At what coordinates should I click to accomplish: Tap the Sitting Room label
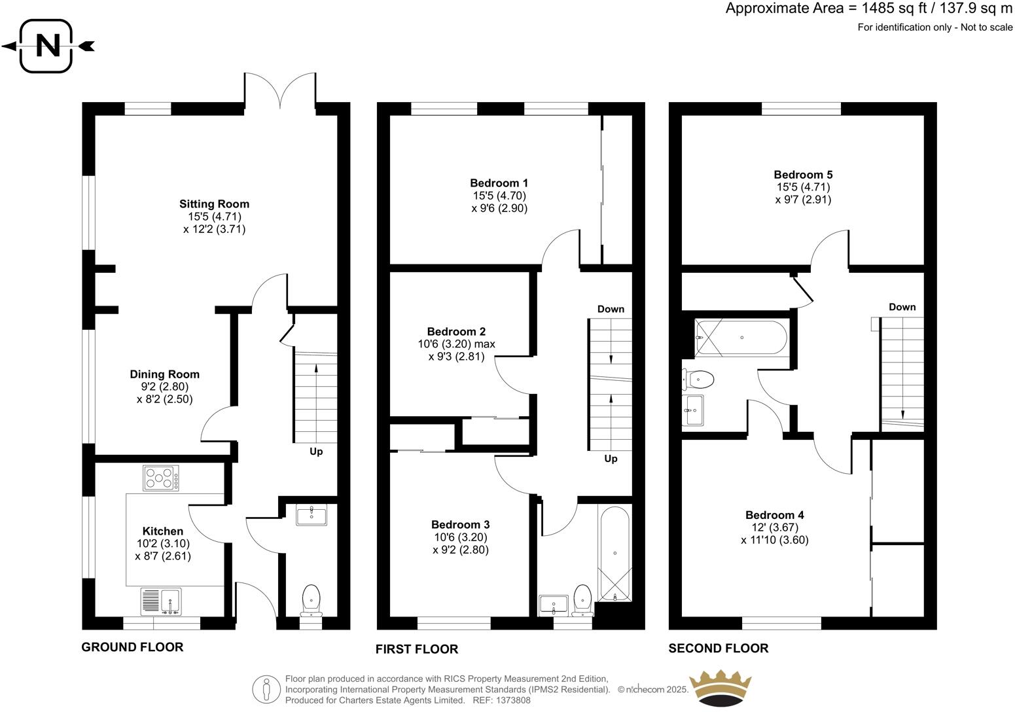tap(214, 204)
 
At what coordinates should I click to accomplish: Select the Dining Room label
tap(164, 374)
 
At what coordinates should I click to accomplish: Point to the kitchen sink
tap(161, 601)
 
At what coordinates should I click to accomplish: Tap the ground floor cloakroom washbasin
tap(312, 515)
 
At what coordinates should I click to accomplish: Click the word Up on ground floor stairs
tap(316, 452)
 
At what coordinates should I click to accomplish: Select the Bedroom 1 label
tap(499, 183)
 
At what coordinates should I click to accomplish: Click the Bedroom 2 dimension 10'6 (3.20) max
tap(456, 344)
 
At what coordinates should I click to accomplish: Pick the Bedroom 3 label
tap(460, 524)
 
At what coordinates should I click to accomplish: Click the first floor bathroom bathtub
tap(614, 554)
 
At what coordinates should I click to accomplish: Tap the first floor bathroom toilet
tap(582, 599)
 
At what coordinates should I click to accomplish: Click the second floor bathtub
tap(742, 338)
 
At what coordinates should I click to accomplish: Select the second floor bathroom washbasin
tap(694, 410)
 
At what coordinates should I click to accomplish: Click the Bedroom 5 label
tap(803, 175)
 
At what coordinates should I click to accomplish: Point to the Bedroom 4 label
tap(774, 515)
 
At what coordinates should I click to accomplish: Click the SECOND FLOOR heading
tap(718, 649)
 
